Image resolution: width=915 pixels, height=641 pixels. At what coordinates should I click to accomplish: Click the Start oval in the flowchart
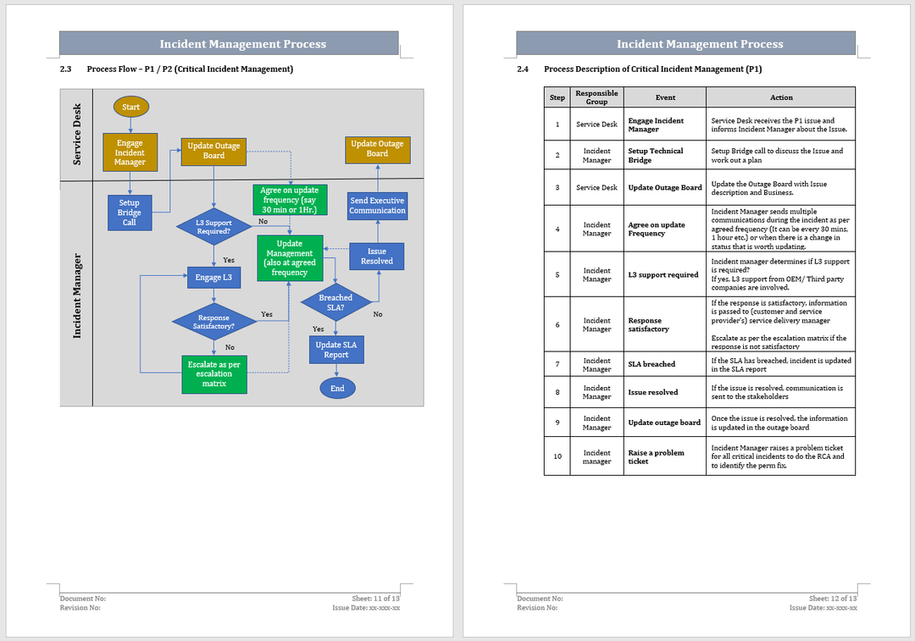(x=130, y=107)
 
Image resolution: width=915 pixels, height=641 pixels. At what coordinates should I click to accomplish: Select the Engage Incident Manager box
(x=130, y=152)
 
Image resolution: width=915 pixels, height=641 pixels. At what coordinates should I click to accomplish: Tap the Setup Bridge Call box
(x=129, y=213)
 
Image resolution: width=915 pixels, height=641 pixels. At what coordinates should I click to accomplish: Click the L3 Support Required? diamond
(x=213, y=227)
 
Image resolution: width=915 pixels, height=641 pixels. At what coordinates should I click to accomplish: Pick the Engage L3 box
(x=213, y=277)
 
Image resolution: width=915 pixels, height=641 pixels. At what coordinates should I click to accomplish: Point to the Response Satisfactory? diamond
(x=213, y=322)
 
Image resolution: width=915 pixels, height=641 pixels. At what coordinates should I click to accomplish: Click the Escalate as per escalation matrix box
(x=213, y=373)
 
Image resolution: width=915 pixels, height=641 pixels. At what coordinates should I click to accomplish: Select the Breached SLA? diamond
(x=335, y=302)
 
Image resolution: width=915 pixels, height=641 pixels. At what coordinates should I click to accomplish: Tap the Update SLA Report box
(x=335, y=350)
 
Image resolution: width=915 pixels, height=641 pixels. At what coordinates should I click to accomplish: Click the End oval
(x=337, y=389)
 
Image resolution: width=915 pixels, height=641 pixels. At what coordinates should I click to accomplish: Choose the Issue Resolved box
(x=377, y=256)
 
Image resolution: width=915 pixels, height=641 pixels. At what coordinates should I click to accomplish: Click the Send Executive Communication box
(x=377, y=206)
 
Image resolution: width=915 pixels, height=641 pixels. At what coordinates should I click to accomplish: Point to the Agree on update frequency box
(x=289, y=201)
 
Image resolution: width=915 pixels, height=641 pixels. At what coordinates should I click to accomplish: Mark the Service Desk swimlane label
(x=77, y=134)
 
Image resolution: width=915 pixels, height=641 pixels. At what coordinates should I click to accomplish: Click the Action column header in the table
(x=780, y=97)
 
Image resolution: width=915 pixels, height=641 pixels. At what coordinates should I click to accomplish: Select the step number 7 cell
(x=557, y=364)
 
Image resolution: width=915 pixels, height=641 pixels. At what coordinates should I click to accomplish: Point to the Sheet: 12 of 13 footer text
(x=833, y=599)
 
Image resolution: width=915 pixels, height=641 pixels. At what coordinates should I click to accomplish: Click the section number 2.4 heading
(x=523, y=69)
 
